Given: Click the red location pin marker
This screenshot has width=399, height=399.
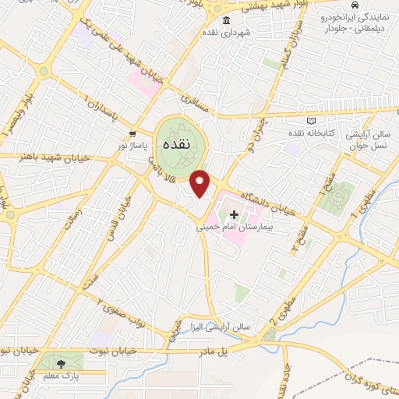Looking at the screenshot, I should (201, 182).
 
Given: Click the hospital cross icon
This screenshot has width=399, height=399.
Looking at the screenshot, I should (234, 214).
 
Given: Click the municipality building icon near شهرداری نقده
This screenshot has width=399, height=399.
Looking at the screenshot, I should (226, 20).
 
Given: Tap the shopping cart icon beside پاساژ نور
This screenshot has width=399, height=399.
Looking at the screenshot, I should (132, 134).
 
